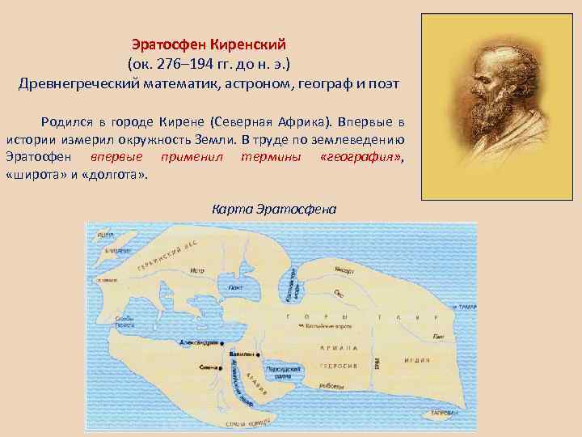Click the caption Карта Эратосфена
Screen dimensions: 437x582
[273, 209]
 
